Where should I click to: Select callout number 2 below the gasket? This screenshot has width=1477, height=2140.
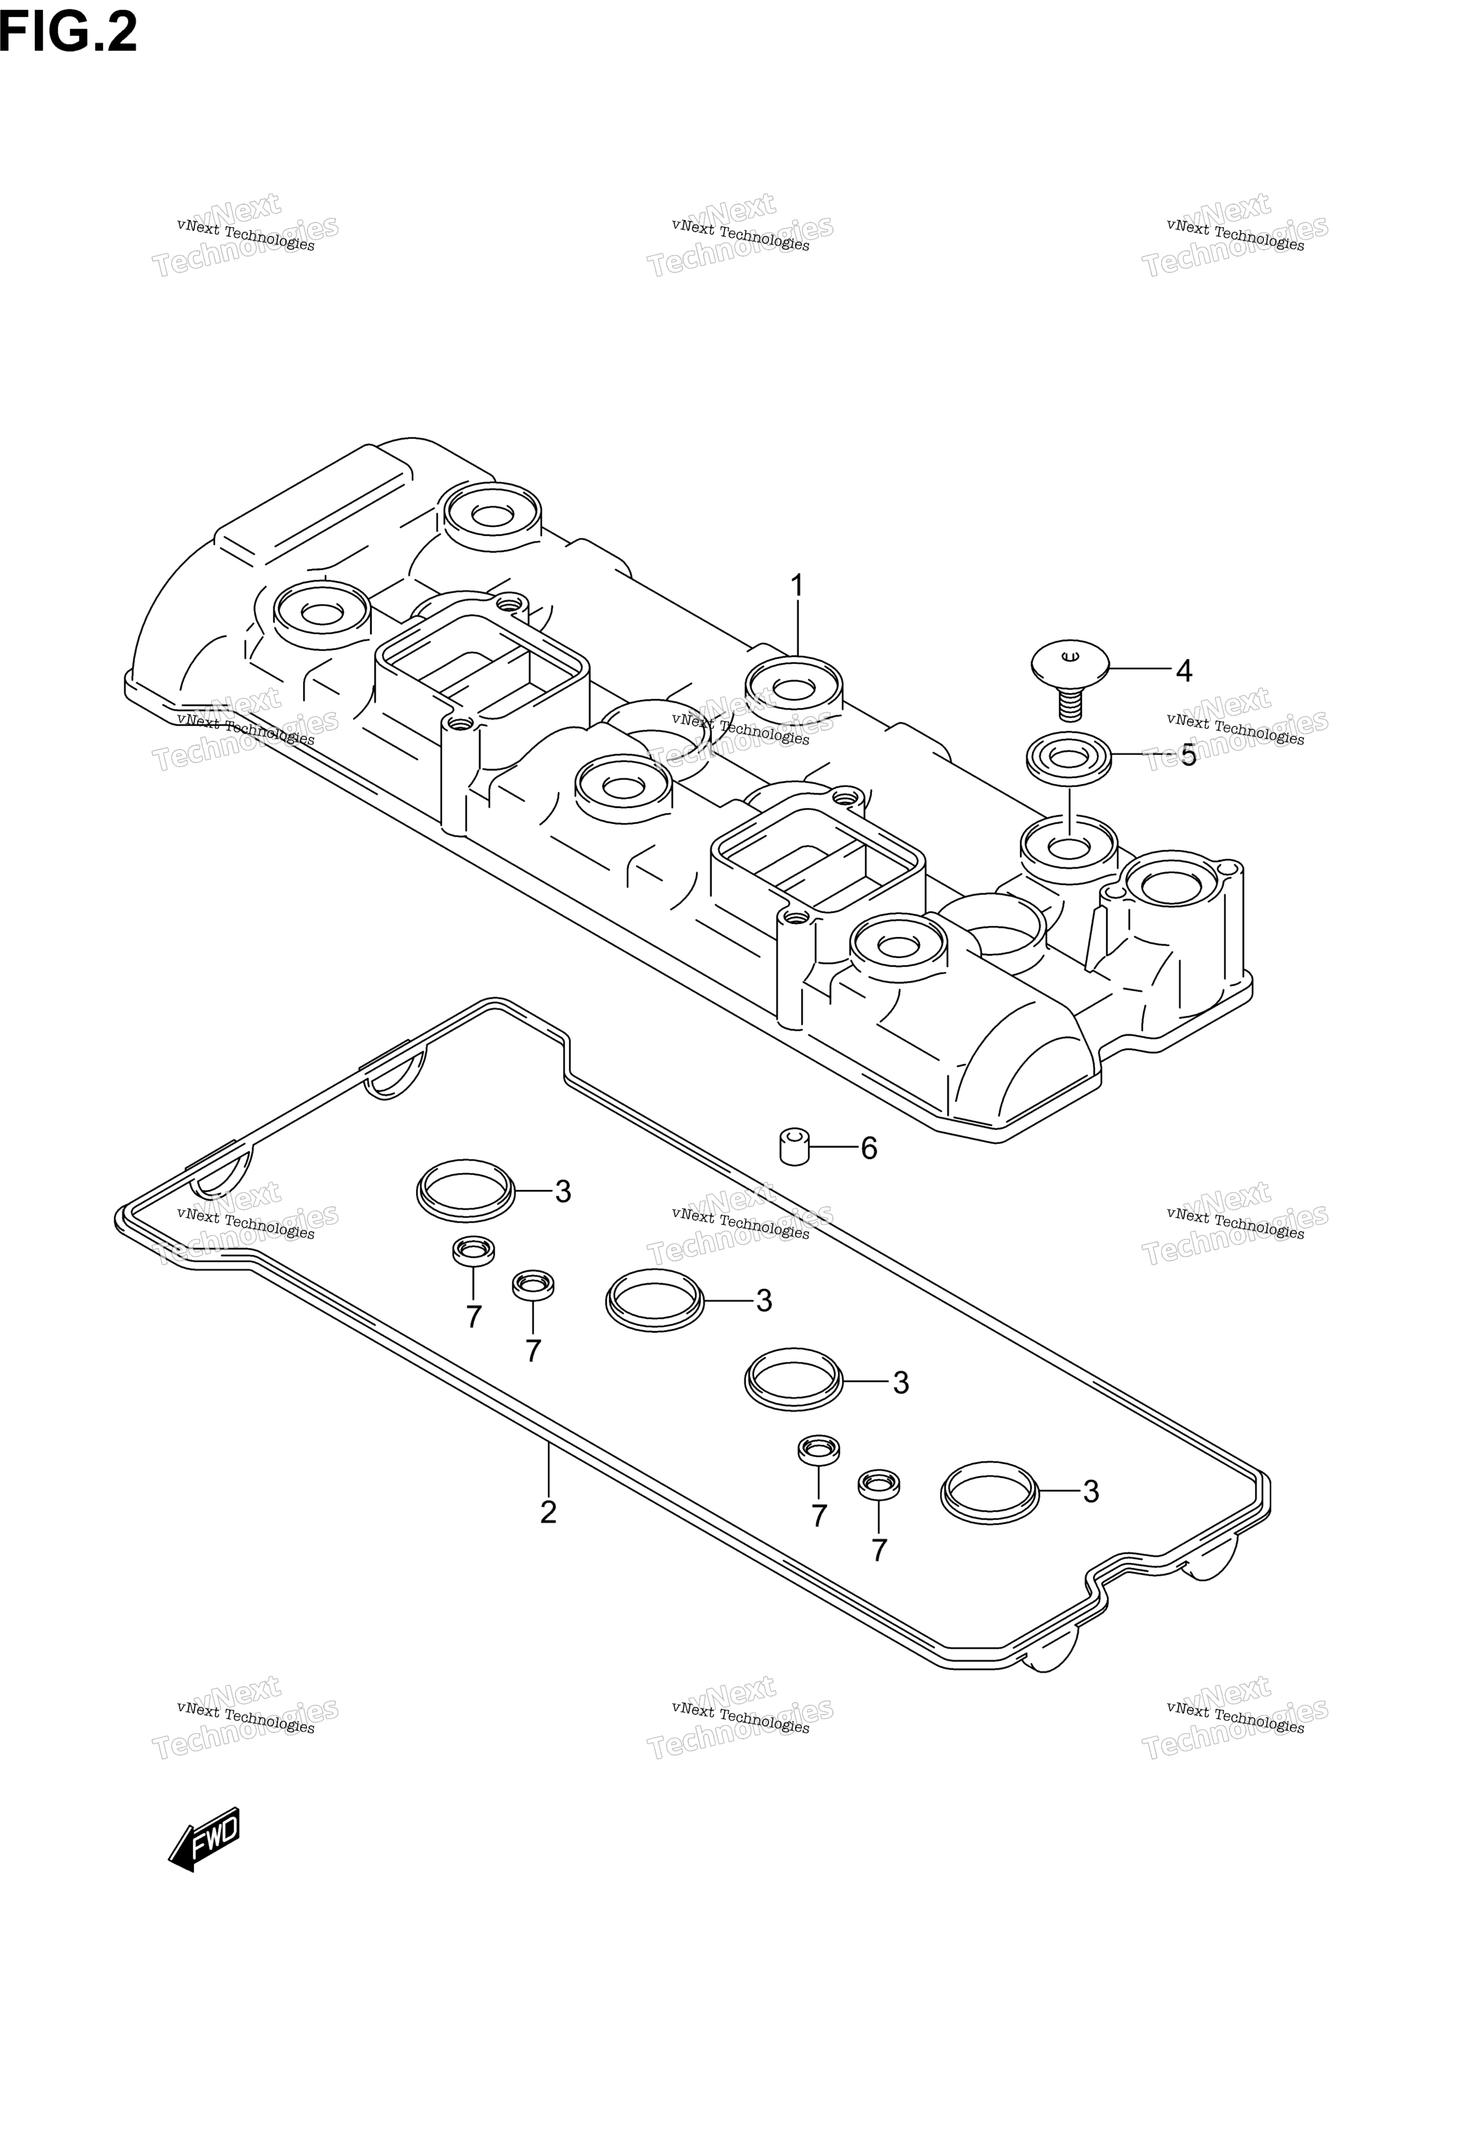coord(548,1511)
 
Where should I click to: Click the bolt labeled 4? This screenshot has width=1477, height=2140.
coord(1070,679)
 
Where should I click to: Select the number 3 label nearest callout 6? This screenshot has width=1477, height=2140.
coord(563,1191)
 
